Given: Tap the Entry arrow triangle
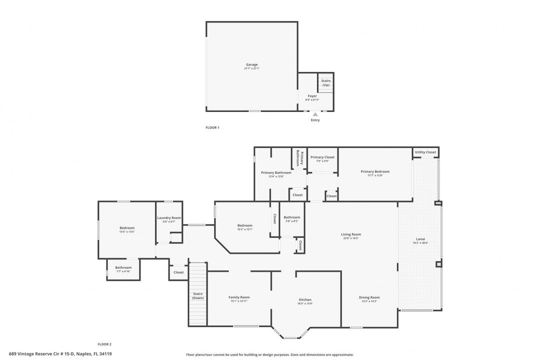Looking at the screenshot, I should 315,114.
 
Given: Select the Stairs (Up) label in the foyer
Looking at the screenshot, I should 325,82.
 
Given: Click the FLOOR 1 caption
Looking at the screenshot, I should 212,127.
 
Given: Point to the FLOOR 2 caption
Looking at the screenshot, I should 104,344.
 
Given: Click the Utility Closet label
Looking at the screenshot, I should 425,152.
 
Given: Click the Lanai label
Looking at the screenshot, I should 420,240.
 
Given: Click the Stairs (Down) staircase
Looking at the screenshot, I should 198,295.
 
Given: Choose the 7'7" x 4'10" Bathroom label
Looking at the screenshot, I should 123,269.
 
